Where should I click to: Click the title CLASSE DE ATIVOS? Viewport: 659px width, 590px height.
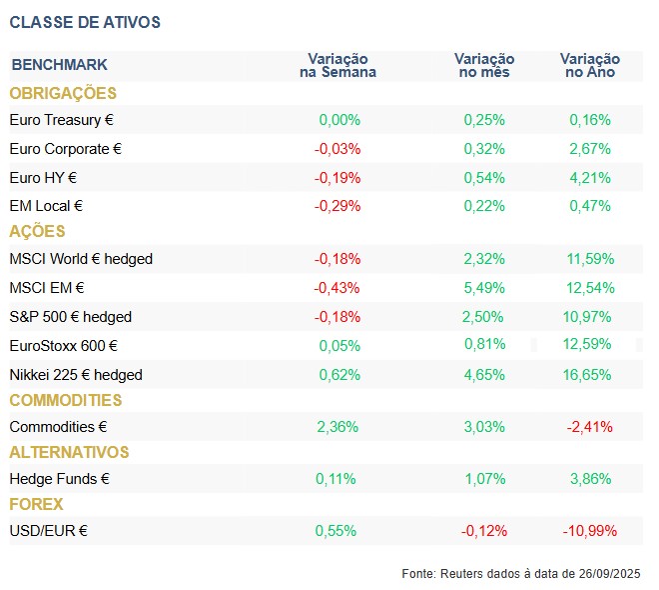(84, 22)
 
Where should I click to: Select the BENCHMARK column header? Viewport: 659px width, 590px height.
(59, 65)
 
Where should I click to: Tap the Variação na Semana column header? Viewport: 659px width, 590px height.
(337, 66)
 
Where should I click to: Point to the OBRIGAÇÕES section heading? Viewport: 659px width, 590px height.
(63, 94)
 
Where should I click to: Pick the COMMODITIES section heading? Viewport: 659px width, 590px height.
(66, 401)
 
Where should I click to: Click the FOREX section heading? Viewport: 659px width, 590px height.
(36, 505)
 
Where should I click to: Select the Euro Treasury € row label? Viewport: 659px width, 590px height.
(61, 120)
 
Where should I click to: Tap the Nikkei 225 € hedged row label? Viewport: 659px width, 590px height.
(76, 375)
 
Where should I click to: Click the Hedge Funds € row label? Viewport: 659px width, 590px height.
(59, 479)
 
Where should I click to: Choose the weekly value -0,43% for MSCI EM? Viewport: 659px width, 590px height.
(337, 288)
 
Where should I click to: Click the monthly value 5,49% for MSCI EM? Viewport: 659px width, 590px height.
(484, 288)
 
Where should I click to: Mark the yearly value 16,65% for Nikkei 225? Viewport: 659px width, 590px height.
(589, 375)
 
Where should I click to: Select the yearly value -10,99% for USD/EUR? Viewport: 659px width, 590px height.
(589, 531)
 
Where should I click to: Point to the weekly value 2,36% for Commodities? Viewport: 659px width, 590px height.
(337, 427)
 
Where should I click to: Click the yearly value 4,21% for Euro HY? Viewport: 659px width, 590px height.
(589, 178)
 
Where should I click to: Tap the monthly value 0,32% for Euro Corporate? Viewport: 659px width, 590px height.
(484, 149)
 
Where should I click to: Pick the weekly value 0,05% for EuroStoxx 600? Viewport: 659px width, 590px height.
(337, 346)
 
